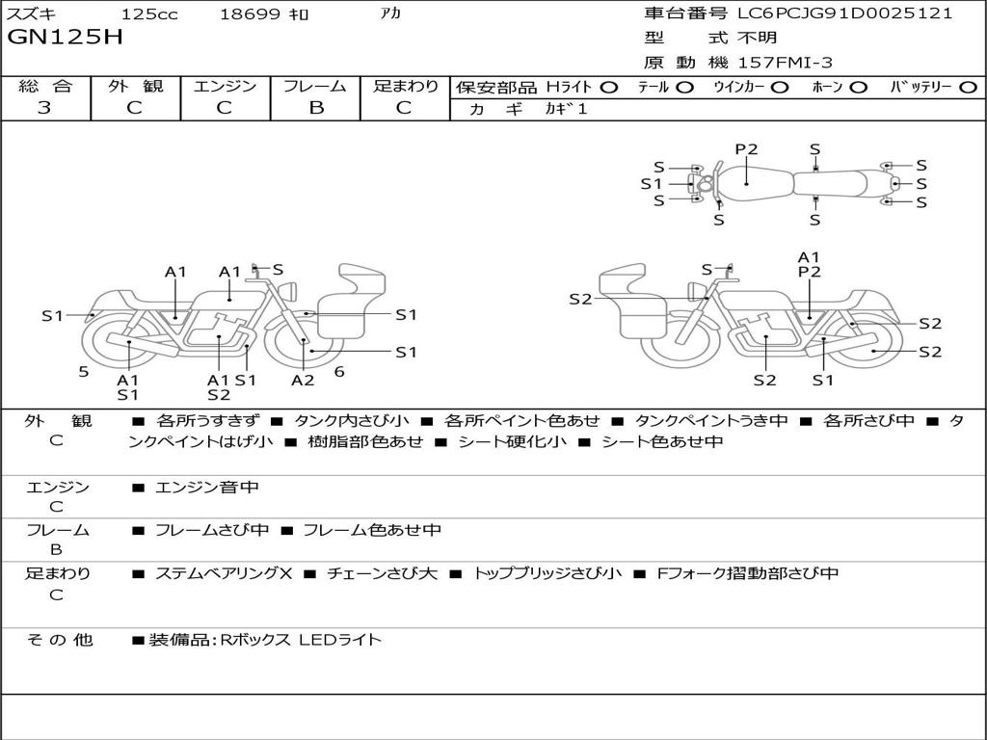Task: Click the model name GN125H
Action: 66,38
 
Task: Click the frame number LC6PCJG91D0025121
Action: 844,13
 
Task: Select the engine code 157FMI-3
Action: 786,63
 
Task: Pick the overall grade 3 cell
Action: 44,107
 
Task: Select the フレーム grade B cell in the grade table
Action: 315,107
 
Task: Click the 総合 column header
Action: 45,86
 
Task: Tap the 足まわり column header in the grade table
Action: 405,86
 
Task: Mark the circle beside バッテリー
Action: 970,87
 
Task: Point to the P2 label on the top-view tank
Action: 746,149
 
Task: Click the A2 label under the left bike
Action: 303,381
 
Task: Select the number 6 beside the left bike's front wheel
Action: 339,371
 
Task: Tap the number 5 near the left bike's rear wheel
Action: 84,371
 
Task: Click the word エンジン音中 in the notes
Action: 206,488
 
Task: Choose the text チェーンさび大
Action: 382,573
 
